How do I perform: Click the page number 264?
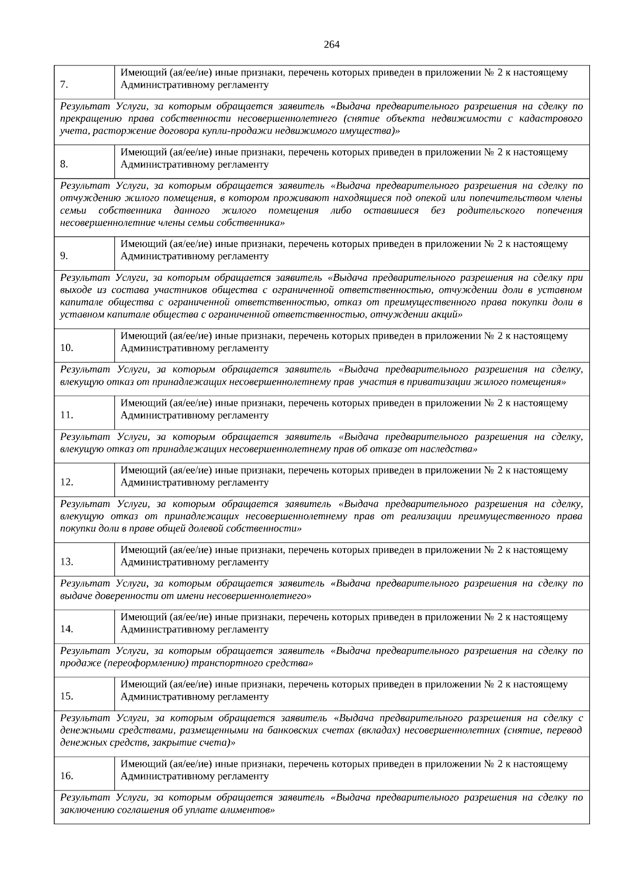(x=331, y=44)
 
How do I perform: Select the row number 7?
(x=64, y=84)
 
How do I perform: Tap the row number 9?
(x=64, y=256)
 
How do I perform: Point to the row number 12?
(x=66, y=482)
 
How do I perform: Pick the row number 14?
(x=66, y=628)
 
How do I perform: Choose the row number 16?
(x=66, y=775)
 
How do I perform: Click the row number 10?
(x=66, y=348)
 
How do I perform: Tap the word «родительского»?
(x=491, y=211)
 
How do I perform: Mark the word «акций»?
(x=448, y=314)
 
